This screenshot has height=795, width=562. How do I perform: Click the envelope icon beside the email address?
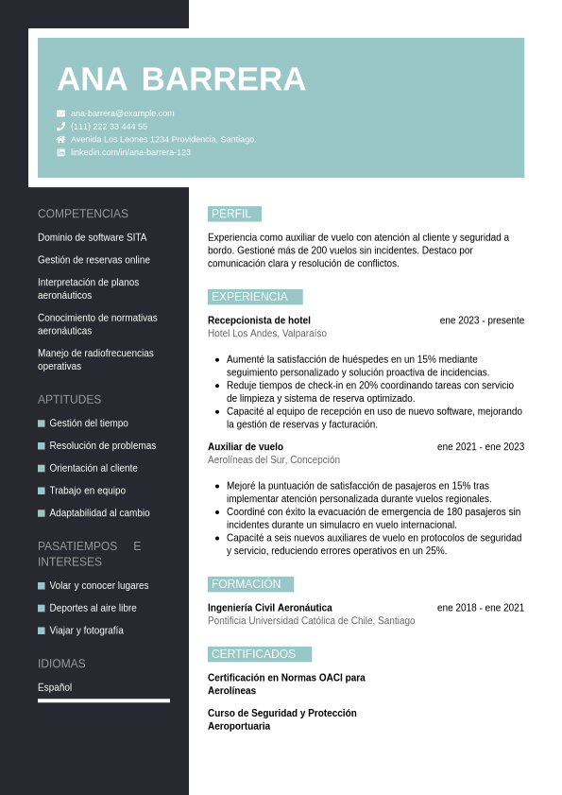point(61,113)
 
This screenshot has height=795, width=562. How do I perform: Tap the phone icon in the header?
point(61,126)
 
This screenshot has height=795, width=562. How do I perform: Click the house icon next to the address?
point(61,139)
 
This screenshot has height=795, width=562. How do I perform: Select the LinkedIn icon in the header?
point(61,152)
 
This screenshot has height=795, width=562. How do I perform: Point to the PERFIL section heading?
point(231,214)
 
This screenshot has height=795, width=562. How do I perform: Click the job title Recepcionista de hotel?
point(259,320)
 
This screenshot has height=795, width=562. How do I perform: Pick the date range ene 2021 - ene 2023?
point(481,447)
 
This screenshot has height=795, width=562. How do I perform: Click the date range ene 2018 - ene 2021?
point(481,608)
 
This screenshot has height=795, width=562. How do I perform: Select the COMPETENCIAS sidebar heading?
point(83,214)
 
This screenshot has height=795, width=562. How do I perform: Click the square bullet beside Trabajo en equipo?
point(42,491)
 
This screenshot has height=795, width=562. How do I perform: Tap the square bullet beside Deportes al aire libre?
point(42,608)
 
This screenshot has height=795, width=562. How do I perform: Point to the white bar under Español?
point(104,700)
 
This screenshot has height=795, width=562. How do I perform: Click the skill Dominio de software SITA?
point(93,237)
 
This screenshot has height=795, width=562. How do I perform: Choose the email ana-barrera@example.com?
point(123,113)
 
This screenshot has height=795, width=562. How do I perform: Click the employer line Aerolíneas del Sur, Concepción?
point(274,460)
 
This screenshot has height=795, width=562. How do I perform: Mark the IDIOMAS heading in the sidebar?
point(61,664)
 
